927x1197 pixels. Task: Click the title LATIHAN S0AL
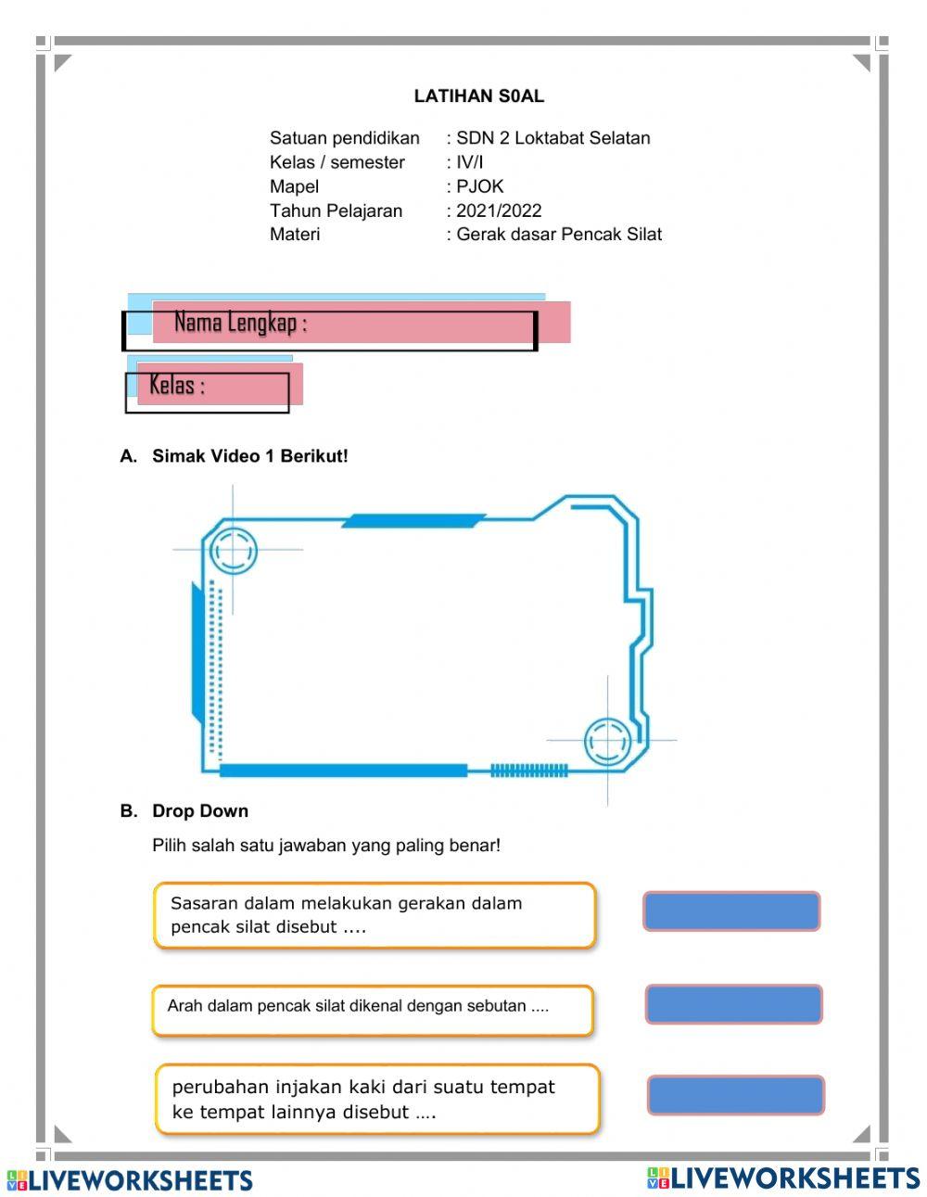(478, 96)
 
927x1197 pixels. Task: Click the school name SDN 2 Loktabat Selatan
(552, 138)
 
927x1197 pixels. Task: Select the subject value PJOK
(479, 186)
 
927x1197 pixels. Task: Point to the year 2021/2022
(499, 210)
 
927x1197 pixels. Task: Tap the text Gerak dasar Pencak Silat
(558, 235)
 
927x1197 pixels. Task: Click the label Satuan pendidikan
(344, 138)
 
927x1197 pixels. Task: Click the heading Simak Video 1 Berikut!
(249, 456)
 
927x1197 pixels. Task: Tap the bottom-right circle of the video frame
(607, 741)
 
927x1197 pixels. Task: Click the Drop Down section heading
(199, 811)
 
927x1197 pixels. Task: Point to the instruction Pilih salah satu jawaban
(326, 846)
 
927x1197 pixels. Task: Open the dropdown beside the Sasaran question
(731, 911)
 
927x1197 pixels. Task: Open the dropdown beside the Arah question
(733, 1004)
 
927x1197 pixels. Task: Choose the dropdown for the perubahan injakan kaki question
(735, 1095)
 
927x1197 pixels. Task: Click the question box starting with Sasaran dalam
(375, 915)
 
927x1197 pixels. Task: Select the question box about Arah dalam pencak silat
(373, 1010)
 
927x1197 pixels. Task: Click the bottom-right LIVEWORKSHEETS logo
(783, 1178)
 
